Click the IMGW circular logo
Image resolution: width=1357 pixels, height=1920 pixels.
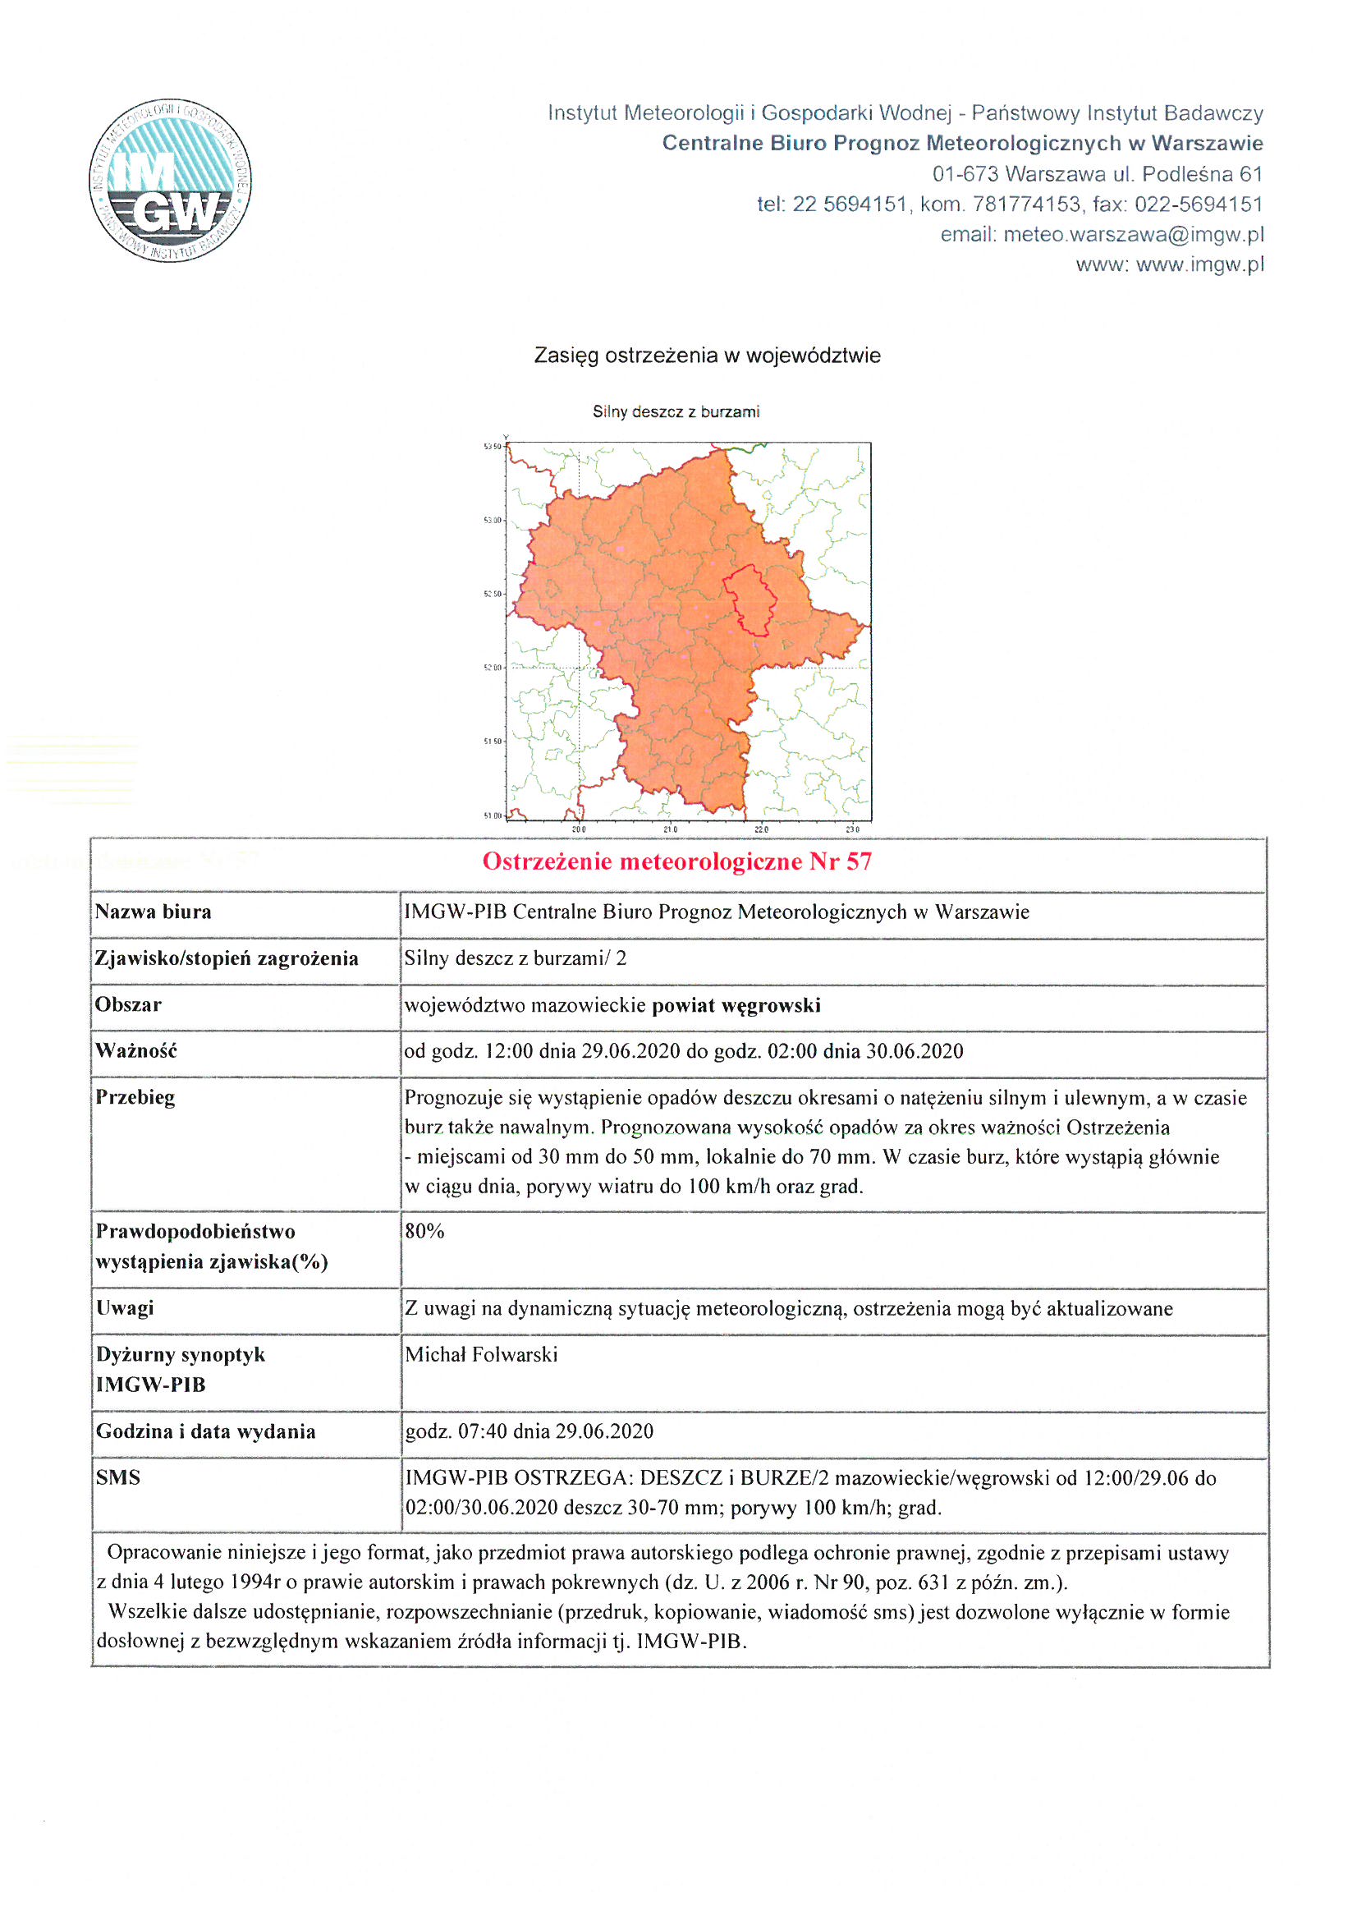pos(170,180)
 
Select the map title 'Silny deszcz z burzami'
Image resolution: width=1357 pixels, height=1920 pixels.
pos(676,411)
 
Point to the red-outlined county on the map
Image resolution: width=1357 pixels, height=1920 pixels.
pos(750,599)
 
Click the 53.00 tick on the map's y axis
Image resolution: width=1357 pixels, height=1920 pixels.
pos(493,520)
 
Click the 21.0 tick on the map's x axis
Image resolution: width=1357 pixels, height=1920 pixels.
pos(671,829)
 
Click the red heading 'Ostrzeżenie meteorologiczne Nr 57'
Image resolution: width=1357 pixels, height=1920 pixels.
pos(677,861)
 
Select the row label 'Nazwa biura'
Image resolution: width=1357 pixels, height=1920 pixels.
pos(153,912)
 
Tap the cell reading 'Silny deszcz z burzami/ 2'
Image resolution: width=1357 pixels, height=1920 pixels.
pos(515,958)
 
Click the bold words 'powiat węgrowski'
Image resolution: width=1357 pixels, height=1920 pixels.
pos(736,1005)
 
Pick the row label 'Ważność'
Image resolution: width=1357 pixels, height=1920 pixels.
pos(136,1051)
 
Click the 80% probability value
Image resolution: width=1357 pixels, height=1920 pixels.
pos(424,1231)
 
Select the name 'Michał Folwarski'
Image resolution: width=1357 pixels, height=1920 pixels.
pos(481,1355)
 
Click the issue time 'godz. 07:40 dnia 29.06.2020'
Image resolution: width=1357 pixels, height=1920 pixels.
pos(530,1431)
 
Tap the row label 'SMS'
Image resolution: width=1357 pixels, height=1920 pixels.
pos(118,1477)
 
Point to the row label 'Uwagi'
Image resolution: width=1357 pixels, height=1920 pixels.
pos(125,1308)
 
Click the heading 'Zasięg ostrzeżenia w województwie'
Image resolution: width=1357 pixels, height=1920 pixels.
pos(708,356)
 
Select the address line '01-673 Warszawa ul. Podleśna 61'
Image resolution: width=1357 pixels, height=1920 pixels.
pos(1097,174)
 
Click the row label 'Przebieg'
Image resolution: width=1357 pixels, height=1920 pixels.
pos(135,1097)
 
